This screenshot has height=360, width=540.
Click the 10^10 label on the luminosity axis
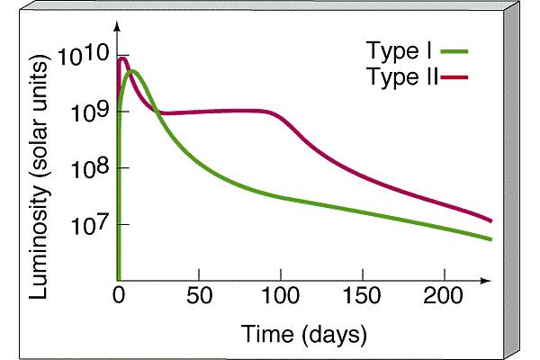pyautogui.click(x=83, y=58)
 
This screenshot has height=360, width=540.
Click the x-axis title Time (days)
pyautogui.click(x=303, y=335)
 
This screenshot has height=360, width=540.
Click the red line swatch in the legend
pyautogui.click(x=457, y=78)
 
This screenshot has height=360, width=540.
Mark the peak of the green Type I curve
pyautogui.click(x=132, y=70)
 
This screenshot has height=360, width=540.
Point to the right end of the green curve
pyautogui.click(x=490, y=239)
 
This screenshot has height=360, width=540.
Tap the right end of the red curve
pyautogui.click(x=490, y=220)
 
